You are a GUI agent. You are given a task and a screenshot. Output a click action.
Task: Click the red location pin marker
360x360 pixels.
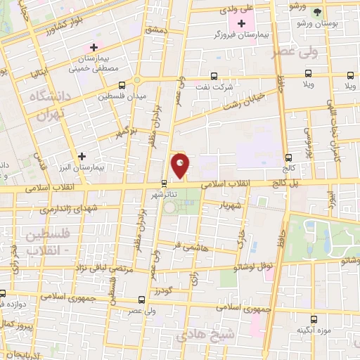(180, 165)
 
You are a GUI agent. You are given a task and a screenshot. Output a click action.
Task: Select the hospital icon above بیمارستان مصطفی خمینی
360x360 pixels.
(93, 47)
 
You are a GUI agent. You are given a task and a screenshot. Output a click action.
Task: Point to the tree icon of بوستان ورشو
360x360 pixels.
(317, 12)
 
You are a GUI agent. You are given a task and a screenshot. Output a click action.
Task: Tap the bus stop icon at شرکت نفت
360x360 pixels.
(213, 76)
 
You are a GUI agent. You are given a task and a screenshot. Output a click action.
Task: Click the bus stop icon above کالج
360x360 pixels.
(288, 157)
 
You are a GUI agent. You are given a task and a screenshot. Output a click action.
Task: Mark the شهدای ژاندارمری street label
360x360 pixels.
(45, 210)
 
